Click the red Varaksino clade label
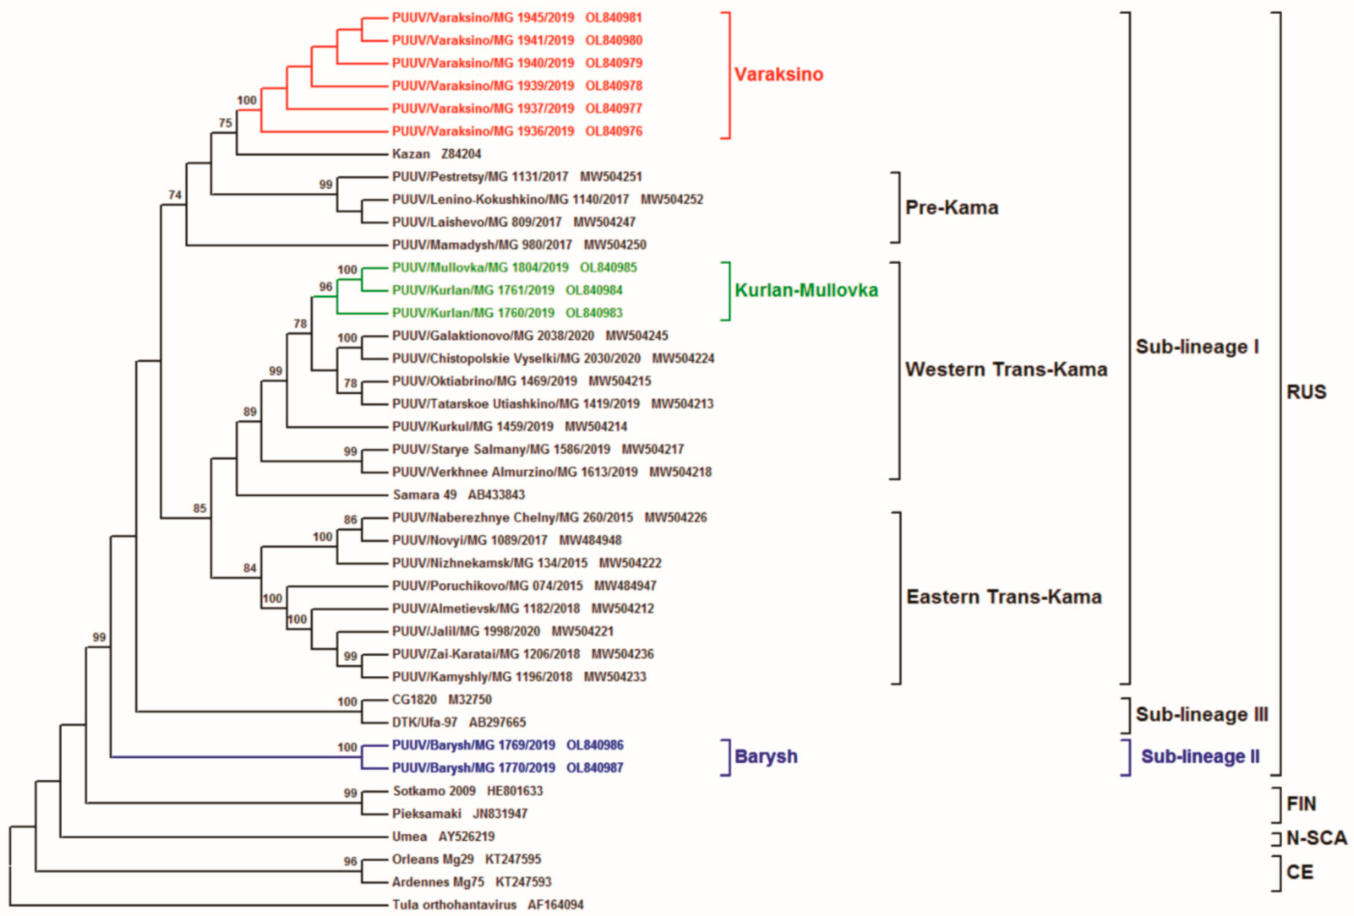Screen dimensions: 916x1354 pyautogui.click(x=778, y=75)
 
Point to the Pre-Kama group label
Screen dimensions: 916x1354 pyautogui.click(x=951, y=208)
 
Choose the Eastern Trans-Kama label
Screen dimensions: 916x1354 pyautogui.click(x=1004, y=597)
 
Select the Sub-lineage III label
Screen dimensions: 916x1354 pyautogui.click(x=1201, y=714)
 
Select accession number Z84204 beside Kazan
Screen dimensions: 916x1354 pyautogui.click(x=461, y=154)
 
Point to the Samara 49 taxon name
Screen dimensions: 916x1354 pyautogui.click(x=424, y=495)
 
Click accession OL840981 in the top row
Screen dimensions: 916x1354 pyautogui.click(x=613, y=17)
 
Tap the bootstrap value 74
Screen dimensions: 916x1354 pyautogui.click(x=175, y=195)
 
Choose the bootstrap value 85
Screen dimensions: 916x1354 pyautogui.click(x=200, y=508)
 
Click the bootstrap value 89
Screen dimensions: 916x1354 pyautogui.click(x=250, y=412)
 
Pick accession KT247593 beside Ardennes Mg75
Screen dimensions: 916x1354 pyautogui.click(x=523, y=882)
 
